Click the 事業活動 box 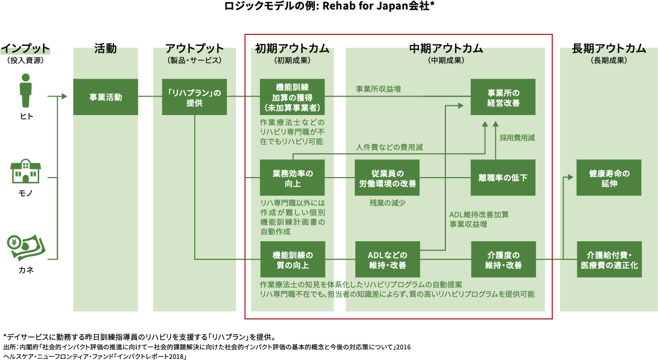pyautogui.click(x=106, y=97)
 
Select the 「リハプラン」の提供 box pyautogui.click(x=195, y=97)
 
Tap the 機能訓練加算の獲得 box pyautogui.click(x=292, y=97)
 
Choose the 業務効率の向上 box pyautogui.click(x=292, y=178)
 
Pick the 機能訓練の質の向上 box pyautogui.click(x=292, y=259)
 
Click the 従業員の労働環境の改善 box pyautogui.click(x=387, y=178)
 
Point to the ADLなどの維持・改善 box pyautogui.click(x=387, y=259)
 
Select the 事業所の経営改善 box pyautogui.click(x=503, y=97)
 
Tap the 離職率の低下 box pyautogui.click(x=503, y=178)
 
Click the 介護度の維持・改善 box pyautogui.click(x=503, y=259)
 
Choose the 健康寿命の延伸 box pyautogui.click(x=609, y=178)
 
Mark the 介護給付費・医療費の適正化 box pyautogui.click(x=609, y=259)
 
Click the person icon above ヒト pyautogui.click(x=26, y=91)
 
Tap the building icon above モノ pyautogui.click(x=26, y=171)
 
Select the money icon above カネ pyautogui.click(x=26, y=248)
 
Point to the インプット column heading pyautogui.click(x=25, y=49)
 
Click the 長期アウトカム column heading pyautogui.click(x=609, y=49)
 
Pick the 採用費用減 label pyautogui.click(x=517, y=137)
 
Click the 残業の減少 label pyautogui.click(x=387, y=203)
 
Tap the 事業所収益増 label pyautogui.click(x=378, y=89)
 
